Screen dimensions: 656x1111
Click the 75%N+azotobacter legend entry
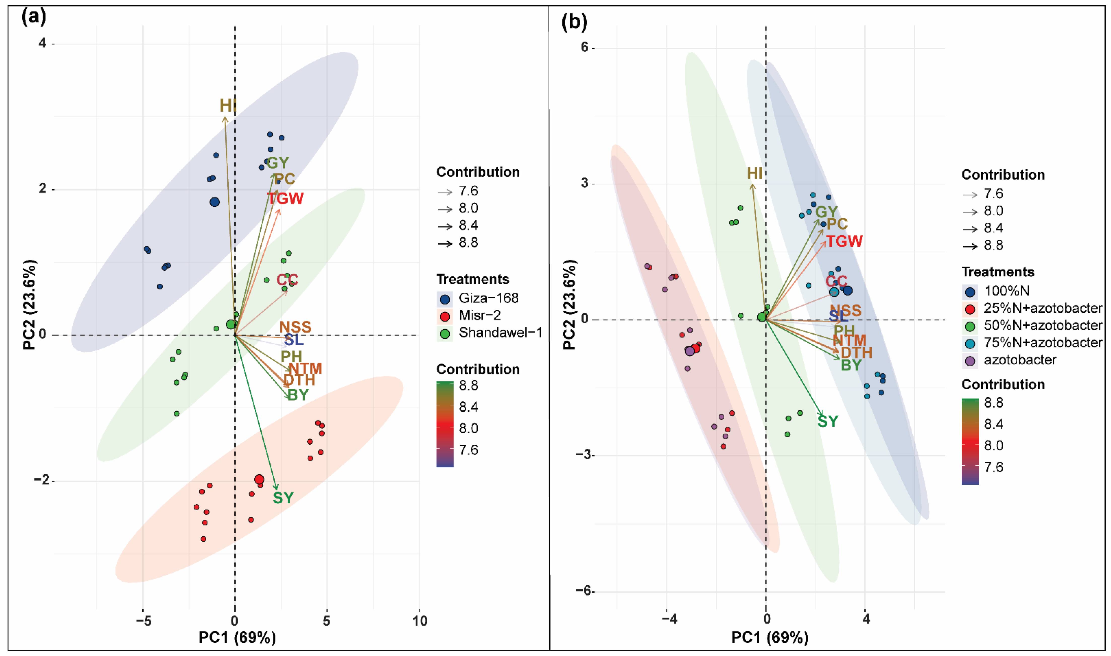tap(1043, 343)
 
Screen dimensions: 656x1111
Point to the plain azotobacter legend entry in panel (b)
tap(1020, 360)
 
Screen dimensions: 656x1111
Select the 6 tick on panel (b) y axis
tap(584, 48)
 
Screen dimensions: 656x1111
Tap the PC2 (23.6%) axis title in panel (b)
tap(570, 305)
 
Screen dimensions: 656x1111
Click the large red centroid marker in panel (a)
tap(259, 479)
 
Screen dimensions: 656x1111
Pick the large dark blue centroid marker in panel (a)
tap(215, 202)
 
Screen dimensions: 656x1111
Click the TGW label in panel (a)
tap(285, 199)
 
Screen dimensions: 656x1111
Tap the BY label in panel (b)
tap(851, 365)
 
